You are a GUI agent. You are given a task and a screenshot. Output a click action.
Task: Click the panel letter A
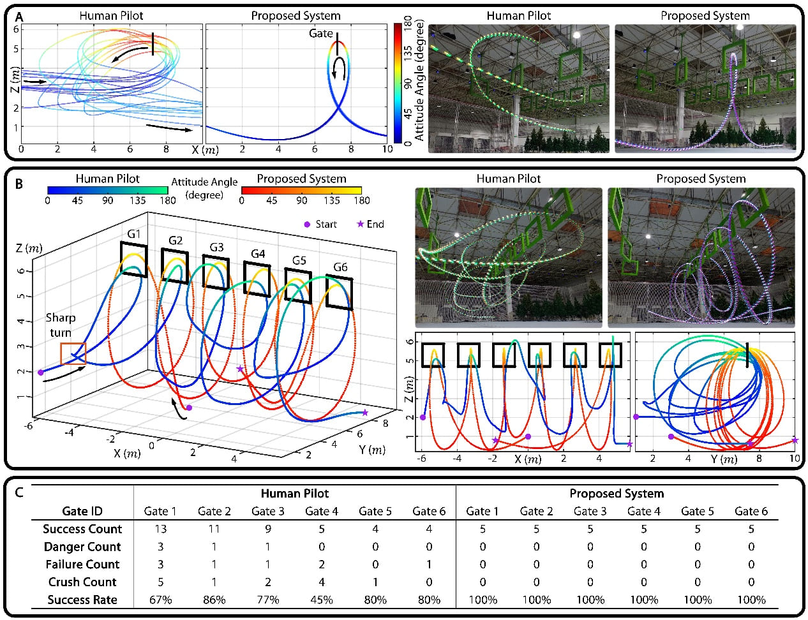click(19, 16)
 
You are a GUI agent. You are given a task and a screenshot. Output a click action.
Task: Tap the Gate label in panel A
click(320, 33)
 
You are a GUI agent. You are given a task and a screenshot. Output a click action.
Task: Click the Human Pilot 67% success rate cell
click(160, 600)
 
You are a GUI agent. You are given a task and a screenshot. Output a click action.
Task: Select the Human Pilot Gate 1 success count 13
click(160, 529)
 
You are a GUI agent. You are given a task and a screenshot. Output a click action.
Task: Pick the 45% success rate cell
click(321, 600)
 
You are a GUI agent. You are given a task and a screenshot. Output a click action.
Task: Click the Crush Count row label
click(82, 582)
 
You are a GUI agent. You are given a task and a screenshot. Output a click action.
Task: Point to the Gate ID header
click(82, 511)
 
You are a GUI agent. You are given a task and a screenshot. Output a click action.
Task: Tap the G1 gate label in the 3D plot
click(133, 234)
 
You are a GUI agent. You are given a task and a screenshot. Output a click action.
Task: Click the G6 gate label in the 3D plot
click(340, 267)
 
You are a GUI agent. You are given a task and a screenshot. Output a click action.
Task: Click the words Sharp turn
click(60, 325)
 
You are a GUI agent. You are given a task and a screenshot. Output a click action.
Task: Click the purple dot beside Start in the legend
click(307, 224)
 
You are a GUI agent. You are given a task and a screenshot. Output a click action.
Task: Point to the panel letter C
click(20, 492)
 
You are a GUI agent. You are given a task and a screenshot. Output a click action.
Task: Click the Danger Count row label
click(82, 547)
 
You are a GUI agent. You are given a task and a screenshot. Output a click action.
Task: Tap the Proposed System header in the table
click(617, 493)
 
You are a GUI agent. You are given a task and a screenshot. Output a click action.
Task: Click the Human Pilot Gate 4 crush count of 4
click(321, 582)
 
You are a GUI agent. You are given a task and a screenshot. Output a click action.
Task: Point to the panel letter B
click(19, 184)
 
